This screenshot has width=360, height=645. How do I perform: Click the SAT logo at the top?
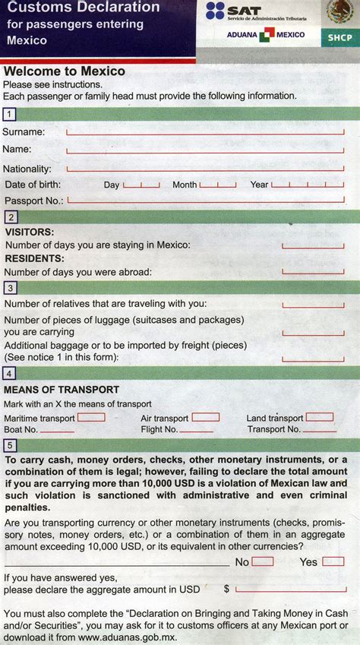tap(226, 11)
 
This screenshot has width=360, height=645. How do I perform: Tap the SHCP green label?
tap(339, 36)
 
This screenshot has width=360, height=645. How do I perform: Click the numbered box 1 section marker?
tap(9, 114)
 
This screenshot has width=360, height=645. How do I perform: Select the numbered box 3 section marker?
tap(9, 288)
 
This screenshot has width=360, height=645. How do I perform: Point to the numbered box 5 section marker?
tap(9, 445)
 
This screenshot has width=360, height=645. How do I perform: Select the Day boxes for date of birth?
tap(141, 185)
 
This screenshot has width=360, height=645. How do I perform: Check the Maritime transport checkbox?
tap(91, 417)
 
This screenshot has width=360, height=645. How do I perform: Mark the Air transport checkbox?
tap(206, 417)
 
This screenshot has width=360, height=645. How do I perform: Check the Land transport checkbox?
tap(320, 417)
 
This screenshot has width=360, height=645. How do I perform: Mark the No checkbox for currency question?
tap(263, 561)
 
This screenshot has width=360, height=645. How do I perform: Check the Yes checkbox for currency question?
tap(333, 561)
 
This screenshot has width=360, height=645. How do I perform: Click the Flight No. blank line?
tap(201, 431)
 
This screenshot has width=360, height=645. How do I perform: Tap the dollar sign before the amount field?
tap(226, 589)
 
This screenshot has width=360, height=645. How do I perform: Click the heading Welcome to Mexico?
tap(65, 71)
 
